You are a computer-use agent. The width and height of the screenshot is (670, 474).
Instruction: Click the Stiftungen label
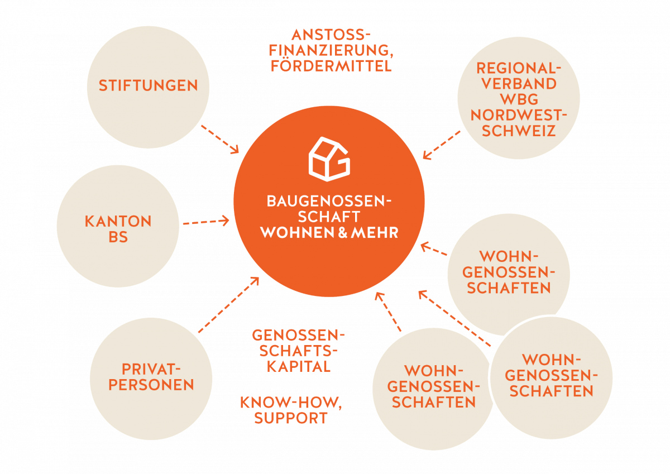(148, 86)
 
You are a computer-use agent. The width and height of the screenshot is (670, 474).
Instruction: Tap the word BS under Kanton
(118, 237)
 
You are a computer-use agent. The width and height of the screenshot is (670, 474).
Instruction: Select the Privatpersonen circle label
(150, 377)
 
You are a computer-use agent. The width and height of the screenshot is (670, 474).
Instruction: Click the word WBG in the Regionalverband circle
(519, 99)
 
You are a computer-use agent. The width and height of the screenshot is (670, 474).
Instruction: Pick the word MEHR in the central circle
(375, 232)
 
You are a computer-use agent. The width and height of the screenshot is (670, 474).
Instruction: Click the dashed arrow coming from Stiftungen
(219, 137)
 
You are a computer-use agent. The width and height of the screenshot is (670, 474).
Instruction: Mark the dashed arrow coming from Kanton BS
(205, 222)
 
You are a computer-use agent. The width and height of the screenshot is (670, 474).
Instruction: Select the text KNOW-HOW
(290, 403)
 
